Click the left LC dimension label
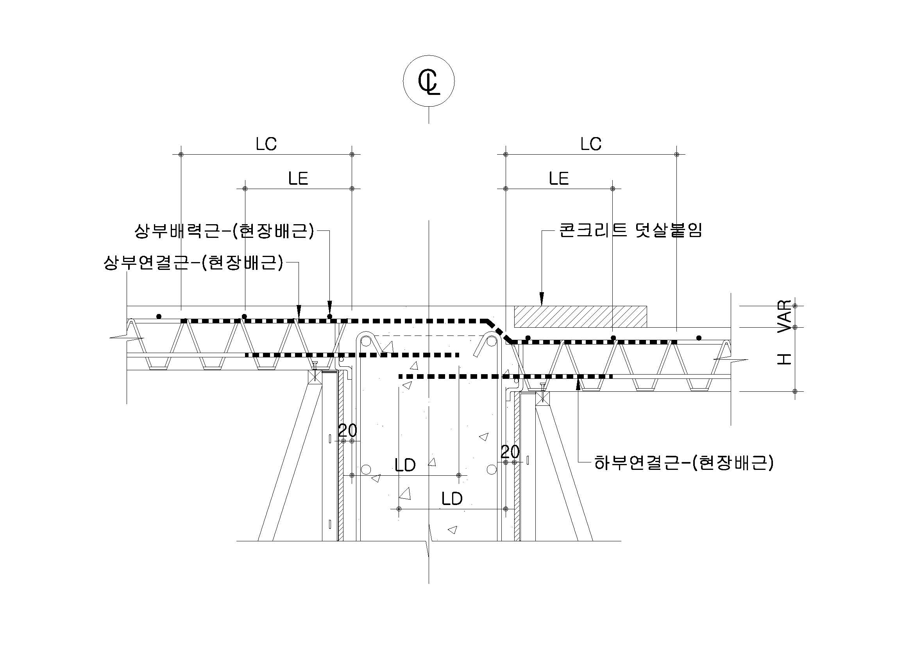(266, 144)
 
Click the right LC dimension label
(591, 144)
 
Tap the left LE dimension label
(298, 178)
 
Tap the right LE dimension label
(558, 178)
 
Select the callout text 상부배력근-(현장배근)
(224, 231)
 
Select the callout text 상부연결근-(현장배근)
(193, 262)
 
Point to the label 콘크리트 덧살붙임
(630, 230)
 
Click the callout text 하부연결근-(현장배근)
(683, 462)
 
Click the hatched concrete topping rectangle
(580, 317)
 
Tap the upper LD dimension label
(405, 465)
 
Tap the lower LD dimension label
(452, 498)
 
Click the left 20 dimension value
(347, 430)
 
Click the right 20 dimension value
(510, 452)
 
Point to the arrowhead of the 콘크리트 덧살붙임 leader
(541, 299)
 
